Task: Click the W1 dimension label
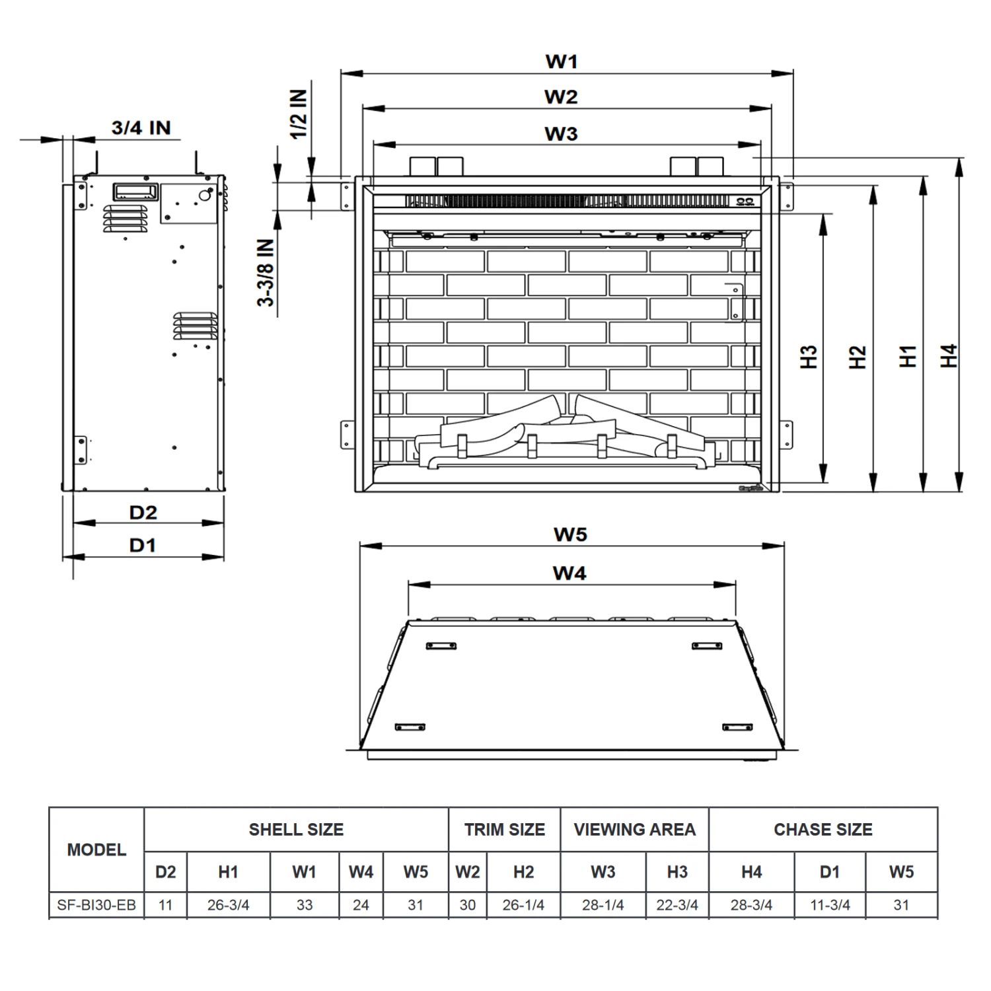[561, 61]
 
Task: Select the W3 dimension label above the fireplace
[561, 133]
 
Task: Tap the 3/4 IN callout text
[141, 128]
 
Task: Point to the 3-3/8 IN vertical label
[266, 272]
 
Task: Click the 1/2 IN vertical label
[299, 114]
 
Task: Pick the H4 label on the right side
[949, 356]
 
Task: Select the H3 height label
[809, 357]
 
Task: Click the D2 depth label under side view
[143, 512]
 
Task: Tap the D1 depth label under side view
[143, 545]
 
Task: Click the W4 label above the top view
[569, 573]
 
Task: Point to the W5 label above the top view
[570, 534]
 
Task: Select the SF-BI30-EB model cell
[96, 904]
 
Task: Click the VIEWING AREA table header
[634, 830]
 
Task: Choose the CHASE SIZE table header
[823, 830]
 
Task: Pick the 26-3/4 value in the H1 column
[228, 905]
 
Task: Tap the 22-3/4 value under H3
[677, 905]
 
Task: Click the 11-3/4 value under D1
[830, 905]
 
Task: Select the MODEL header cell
[96, 850]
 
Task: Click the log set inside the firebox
[562, 433]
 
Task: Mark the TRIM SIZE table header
[504, 830]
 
